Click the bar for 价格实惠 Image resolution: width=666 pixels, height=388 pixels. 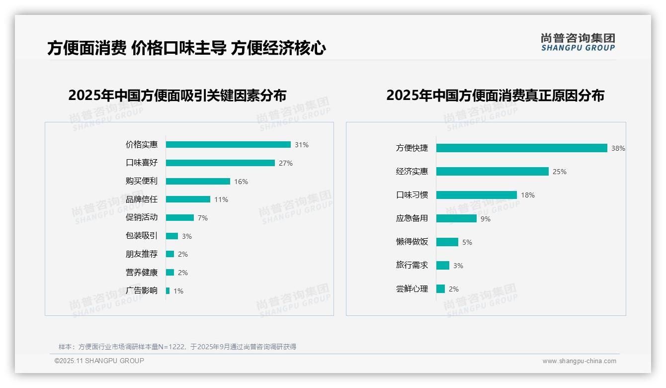[228, 145]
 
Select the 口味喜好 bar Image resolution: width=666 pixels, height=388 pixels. [220, 163]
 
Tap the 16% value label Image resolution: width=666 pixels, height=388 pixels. [241, 182]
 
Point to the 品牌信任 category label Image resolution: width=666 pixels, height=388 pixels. [142, 199]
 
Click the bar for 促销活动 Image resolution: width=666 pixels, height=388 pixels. [179, 218]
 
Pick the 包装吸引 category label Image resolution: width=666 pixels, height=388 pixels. [142, 236]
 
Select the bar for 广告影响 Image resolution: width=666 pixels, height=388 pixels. [168, 291]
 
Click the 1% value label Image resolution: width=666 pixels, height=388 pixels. [178, 291]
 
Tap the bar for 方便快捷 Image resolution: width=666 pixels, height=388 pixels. [522, 148]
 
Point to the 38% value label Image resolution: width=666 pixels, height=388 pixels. [618, 148]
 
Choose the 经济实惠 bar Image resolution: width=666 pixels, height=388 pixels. [493, 171]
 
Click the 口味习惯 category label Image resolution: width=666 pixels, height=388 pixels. [412, 195]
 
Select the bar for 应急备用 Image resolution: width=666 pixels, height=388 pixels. [456, 218]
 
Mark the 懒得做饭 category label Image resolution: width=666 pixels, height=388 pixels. [412, 242]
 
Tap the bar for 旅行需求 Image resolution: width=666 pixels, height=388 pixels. [443, 265]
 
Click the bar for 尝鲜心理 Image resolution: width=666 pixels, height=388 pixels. [440, 289]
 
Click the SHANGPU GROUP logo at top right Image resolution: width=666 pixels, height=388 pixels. [578, 42]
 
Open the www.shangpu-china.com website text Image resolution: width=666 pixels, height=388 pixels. [579, 361]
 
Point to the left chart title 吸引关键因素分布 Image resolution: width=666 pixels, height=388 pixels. [177, 96]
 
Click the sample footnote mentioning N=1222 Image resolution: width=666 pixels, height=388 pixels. [177, 347]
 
